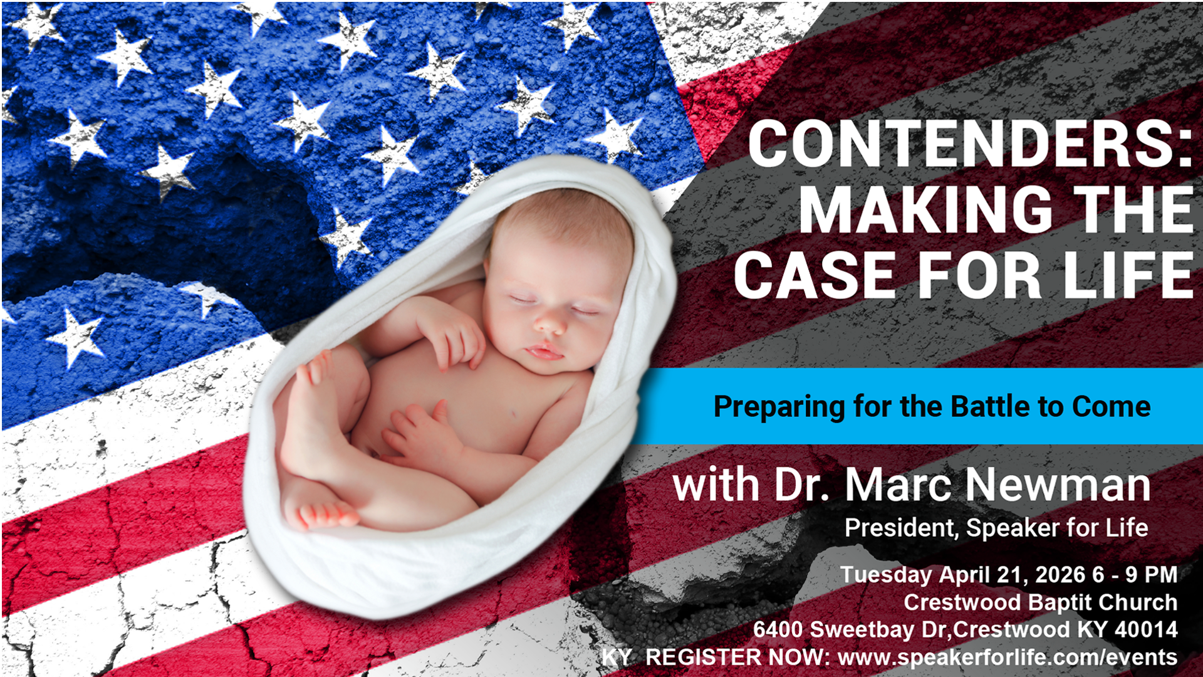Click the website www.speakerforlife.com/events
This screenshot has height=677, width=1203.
pos(1008,657)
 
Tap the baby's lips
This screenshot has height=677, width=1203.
pos(543,351)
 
